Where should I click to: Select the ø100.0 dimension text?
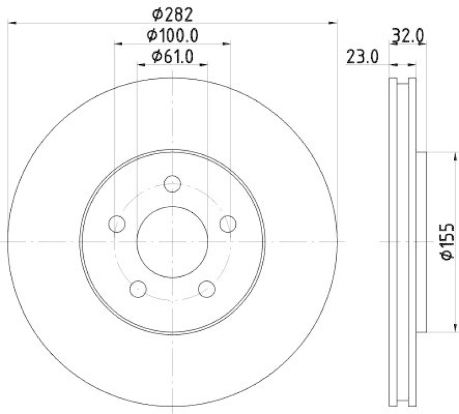pos(173,36)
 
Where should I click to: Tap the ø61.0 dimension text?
pos(173,56)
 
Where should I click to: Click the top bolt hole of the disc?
pos(172,184)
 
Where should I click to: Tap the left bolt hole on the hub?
pos(117,223)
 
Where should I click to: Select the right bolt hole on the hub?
pos(228,223)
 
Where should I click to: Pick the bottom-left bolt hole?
pos(138,288)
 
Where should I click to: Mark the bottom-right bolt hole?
pos(207,288)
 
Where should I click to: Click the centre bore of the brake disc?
pos(172,241)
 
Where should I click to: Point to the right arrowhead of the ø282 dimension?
pos(333,23)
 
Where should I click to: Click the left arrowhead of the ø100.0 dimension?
pos(118,43)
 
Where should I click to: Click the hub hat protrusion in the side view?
pos(422,241)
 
